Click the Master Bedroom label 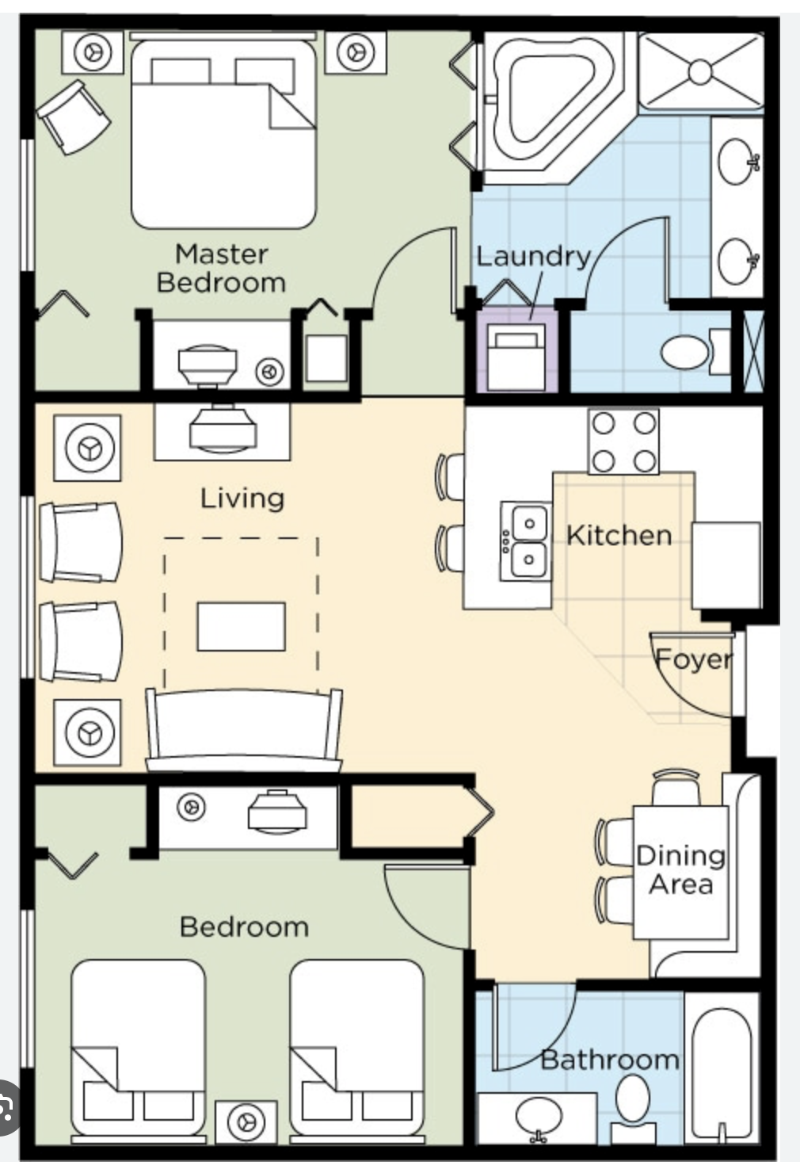[x=221, y=268]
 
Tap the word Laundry [x=533, y=256]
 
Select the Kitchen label [x=619, y=535]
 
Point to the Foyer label [x=693, y=659]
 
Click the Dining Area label [x=681, y=869]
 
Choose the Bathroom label [x=610, y=1060]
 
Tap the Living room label [x=242, y=498]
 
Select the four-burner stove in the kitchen [x=623, y=441]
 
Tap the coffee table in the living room [x=241, y=626]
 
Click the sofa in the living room [x=244, y=729]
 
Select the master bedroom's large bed [x=223, y=135]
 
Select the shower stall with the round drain [x=700, y=71]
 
